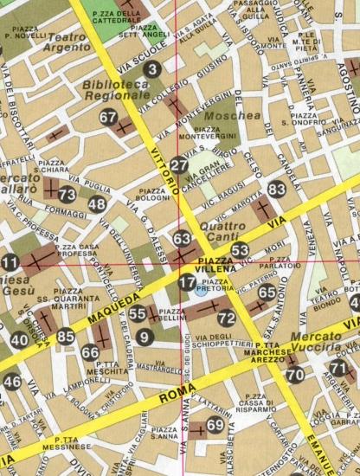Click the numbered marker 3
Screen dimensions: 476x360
pyautogui.click(x=153, y=69)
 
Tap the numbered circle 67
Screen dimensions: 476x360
pyautogui.click(x=108, y=118)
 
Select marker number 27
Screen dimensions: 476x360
pyautogui.click(x=179, y=166)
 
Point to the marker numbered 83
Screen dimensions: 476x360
pyautogui.click(x=277, y=190)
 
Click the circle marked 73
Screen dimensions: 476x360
pyautogui.click(x=67, y=195)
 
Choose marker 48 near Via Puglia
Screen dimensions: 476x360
pyautogui.click(x=97, y=205)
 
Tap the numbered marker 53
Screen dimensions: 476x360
pyautogui.click(x=240, y=250)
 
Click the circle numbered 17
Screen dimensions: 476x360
pyautogui.click(x=187, y=281)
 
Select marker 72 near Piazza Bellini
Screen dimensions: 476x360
pyautogui.click(x=226, y=318)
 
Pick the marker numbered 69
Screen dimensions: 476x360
pyautogui.click(x=215, y=425)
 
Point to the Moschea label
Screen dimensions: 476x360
pyautogui.click(x=240, y=114)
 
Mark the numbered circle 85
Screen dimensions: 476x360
pyautogui.click(x=66, y=337)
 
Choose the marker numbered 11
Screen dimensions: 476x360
pyautogui.click(x=10, y=263)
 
